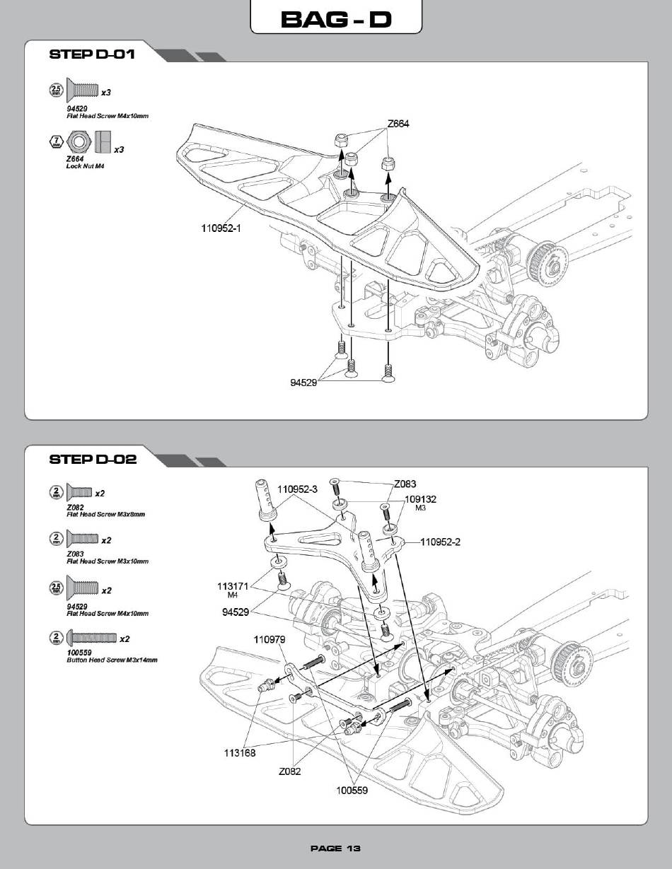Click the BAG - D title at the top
point(336,19)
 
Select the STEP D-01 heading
point(92,54)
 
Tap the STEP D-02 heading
point(93,459)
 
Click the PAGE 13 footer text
point(335,848)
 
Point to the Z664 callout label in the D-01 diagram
point(398,124)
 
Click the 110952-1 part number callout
point(221,228)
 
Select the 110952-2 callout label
point(440,542)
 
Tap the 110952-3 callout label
point(297,489)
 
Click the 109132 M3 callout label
point(420,503)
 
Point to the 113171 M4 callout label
point(233,590)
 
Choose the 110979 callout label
point(270,639)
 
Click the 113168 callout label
point(240,752)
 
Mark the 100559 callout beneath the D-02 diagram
point(352,791)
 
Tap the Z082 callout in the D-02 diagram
point(289,771)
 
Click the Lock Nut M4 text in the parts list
point(85,166)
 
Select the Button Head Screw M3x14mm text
point(112,660)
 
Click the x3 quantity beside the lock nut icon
point(119,150)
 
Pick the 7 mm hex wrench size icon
point(57,141)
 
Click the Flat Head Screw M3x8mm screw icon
point(79,492)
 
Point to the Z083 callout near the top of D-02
point(405,484)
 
